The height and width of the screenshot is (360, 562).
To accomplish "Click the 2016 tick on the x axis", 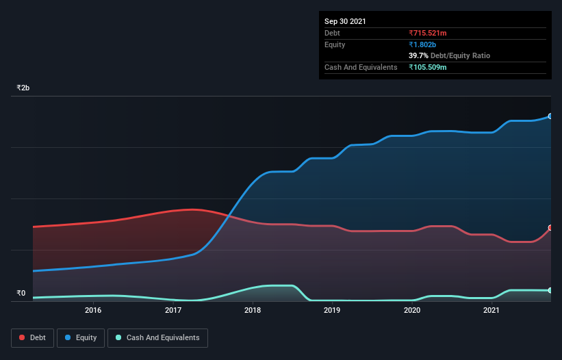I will [x=93, y=311].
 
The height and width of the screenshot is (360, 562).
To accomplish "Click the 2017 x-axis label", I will [x=173, y=311].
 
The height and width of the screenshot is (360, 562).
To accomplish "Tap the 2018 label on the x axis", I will [x=253, y=311].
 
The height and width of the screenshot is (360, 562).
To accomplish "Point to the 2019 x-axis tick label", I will [x=332, y=311].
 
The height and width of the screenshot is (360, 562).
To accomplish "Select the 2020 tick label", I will [x=412, y=311].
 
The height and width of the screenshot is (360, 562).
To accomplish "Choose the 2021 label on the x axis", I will [x=491, y=311].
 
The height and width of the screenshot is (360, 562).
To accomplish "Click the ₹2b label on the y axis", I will [x=23, y=88].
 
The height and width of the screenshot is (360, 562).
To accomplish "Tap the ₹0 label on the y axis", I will [x=21, y=294].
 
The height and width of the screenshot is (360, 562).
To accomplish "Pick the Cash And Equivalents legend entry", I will [x=157, y=337].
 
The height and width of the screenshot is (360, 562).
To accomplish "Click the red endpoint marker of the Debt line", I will [x=550, y=228].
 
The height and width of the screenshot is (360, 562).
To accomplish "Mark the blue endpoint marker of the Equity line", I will [x=550, y=116].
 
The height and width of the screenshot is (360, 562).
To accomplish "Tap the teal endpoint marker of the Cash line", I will [x=550, y=290].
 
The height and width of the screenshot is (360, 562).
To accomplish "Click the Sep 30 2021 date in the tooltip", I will [x=345, y=21].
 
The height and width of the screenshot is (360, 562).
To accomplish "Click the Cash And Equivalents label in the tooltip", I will [x=361, y=67].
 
